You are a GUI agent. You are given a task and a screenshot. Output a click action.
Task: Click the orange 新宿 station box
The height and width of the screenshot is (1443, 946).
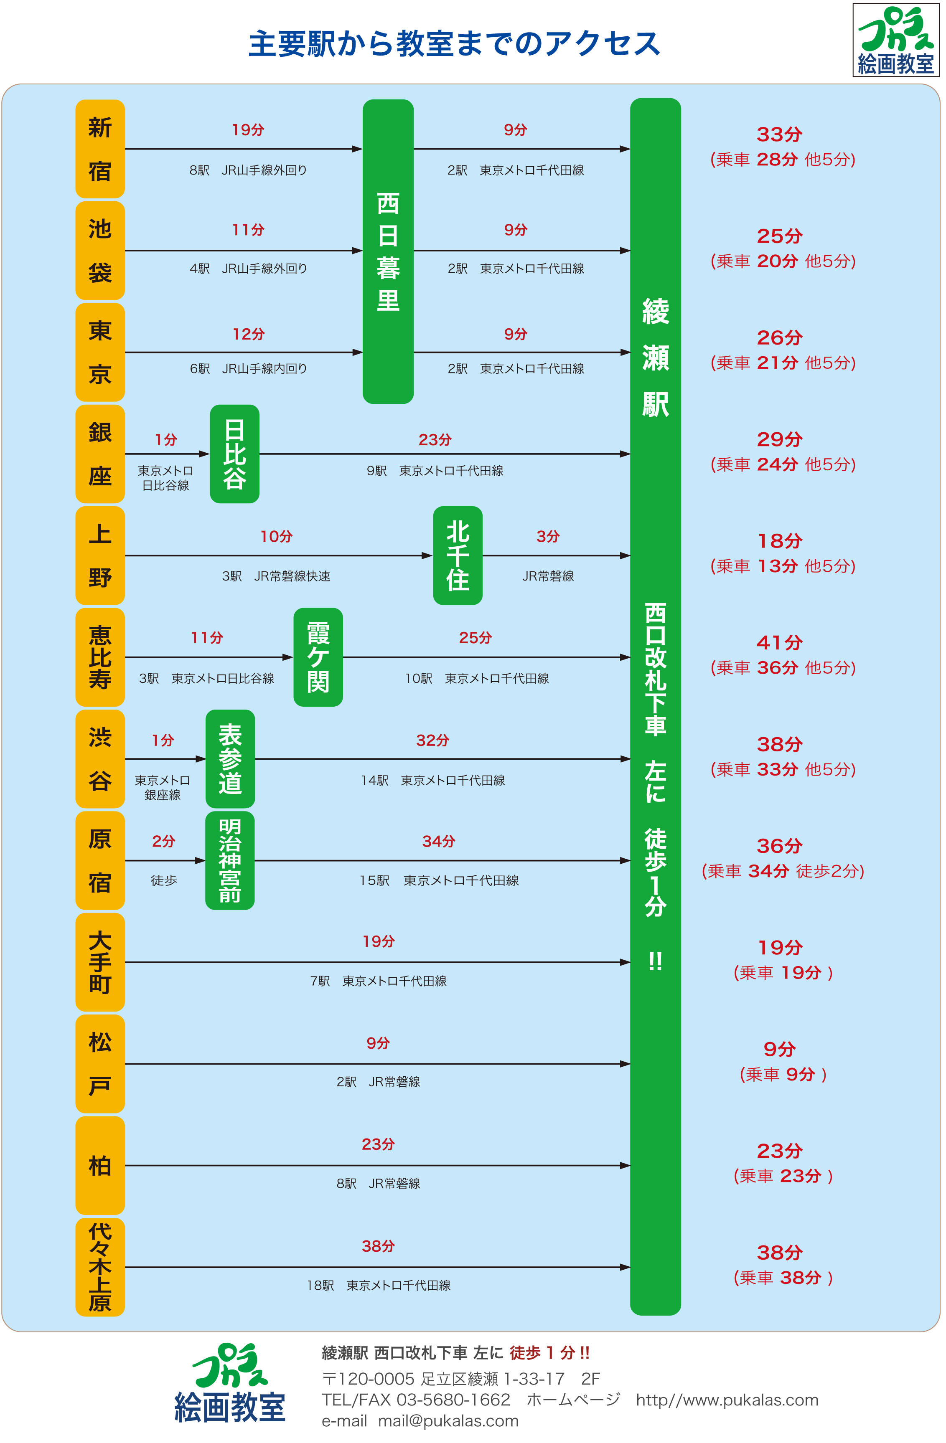(100, 149)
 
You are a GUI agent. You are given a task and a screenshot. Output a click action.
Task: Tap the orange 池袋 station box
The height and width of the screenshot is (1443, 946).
(100, 251)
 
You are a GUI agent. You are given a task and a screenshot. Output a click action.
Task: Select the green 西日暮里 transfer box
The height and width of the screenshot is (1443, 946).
(388, 251)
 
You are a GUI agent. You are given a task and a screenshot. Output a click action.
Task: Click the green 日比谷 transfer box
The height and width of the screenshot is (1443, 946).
(235, 454)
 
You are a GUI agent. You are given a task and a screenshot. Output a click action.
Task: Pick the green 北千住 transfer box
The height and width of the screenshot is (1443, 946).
(458, 555)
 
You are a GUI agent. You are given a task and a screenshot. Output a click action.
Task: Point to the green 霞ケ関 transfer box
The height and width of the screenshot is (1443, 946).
(318, 657)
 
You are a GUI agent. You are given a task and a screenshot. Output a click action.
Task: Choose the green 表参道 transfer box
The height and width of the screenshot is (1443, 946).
(230, 758)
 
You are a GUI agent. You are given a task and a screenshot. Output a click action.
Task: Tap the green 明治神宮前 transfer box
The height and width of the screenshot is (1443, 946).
(230, 860)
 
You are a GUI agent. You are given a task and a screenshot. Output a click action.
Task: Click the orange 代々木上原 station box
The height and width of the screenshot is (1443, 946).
(100, 1267)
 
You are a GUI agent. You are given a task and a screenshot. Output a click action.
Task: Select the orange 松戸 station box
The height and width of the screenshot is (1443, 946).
(100, 1063)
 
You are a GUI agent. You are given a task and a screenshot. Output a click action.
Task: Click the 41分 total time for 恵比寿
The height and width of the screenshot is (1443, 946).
(780, 643)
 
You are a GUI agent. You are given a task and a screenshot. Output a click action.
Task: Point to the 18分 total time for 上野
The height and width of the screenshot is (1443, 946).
(780, 541)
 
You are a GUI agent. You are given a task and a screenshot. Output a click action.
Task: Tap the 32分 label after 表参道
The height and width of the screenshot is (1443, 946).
(433, 741)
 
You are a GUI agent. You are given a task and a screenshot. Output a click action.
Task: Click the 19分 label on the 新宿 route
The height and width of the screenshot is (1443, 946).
(248, 130)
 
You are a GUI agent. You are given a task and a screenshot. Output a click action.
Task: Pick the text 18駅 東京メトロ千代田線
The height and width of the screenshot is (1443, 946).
(379, 1286)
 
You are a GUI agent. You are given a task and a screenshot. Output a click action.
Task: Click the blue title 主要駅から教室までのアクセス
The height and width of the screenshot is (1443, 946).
(454, 44)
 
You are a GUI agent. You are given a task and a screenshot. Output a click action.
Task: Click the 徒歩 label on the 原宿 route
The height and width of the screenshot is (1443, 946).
(164, 880)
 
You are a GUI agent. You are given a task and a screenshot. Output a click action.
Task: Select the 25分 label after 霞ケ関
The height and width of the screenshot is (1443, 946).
(476, 638)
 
